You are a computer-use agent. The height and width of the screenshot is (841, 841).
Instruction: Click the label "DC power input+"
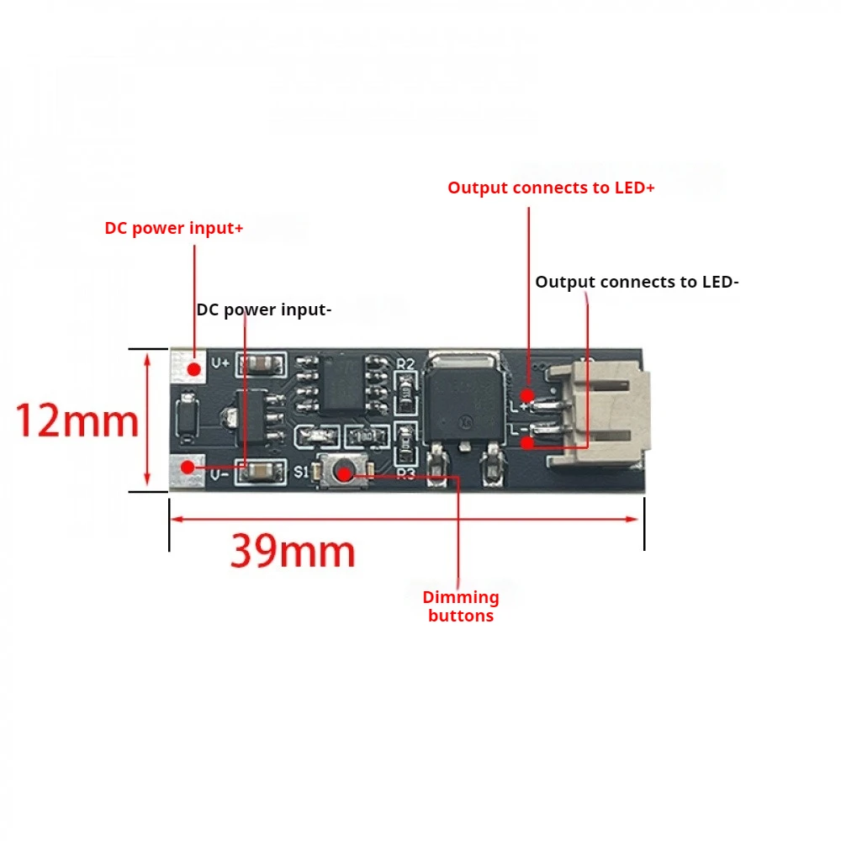174,228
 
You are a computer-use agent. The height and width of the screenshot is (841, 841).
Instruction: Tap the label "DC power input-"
264,309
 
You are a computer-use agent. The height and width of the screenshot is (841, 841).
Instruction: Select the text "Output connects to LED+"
551,188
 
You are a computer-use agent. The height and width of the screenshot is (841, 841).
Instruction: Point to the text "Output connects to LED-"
637,282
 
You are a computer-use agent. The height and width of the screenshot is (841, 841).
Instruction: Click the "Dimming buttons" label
461,606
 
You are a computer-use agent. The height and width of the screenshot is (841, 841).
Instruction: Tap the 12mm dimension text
77,420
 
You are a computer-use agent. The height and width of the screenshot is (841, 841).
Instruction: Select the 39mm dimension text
293,552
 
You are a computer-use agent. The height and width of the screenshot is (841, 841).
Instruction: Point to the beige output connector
604,413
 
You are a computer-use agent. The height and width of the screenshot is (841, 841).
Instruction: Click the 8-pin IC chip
341,383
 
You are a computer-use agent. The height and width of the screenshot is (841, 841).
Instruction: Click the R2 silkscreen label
406,363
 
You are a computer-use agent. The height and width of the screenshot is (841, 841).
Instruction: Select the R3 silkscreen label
406,473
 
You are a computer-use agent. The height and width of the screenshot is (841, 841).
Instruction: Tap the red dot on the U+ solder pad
194,368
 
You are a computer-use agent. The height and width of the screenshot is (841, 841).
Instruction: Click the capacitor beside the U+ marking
262,364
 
